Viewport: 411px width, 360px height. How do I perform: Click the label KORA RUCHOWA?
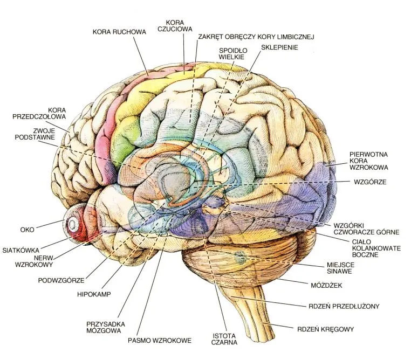(x=119, y=32)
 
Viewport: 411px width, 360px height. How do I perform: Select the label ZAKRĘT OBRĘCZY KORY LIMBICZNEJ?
(x=256, y=37)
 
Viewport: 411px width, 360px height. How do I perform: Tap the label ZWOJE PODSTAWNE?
(x=37, y=134)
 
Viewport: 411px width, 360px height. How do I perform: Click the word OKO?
(x=26, y=230)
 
